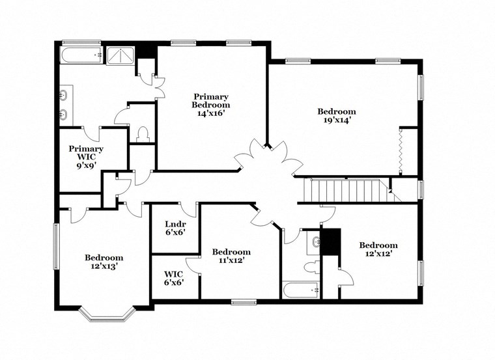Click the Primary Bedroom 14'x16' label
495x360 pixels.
coord(210,104)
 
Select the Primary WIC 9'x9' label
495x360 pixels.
coord(86,157)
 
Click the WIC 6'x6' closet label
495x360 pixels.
coord(173,279)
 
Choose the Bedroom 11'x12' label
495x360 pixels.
coord(231,256)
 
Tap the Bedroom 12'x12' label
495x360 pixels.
coord(378,249)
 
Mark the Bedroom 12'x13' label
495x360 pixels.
coord(104,262)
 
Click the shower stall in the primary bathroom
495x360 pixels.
coord(119,56)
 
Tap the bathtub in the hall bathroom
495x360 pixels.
coord(300,290)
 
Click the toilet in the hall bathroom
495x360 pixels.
coord(311,267)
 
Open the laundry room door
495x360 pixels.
coord(189,210)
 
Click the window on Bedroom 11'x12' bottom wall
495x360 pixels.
coord(244,301)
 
